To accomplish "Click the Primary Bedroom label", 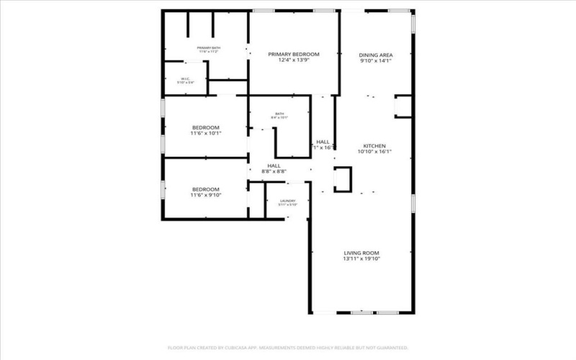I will (x=294, y=54).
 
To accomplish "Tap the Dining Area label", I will (x=376, y=55).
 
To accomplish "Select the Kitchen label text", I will (x=375, y=145).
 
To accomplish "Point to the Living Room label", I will (x=361, y=253).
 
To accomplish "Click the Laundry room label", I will (x=287, y=201).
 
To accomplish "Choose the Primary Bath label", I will (x=208, y=48).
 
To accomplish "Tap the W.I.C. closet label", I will (x=185, y=79).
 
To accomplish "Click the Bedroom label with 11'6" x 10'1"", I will (x=205, y=127).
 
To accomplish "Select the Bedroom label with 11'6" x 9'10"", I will (x=205, y=189).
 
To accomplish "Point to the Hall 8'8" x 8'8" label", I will (x=274, y=166).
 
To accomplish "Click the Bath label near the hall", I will (x=279, y=114).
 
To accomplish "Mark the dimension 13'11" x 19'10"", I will (x=361, y=259).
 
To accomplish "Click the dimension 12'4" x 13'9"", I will (x=294, y=61).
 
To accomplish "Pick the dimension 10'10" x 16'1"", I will (x=375, y=152).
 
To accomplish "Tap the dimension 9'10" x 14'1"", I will (x=376, y=62).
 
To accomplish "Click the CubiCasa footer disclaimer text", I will (x=288, y=348).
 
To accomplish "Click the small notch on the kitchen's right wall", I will (x=402, y=107).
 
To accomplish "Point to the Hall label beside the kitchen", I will (x=323, y=142).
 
